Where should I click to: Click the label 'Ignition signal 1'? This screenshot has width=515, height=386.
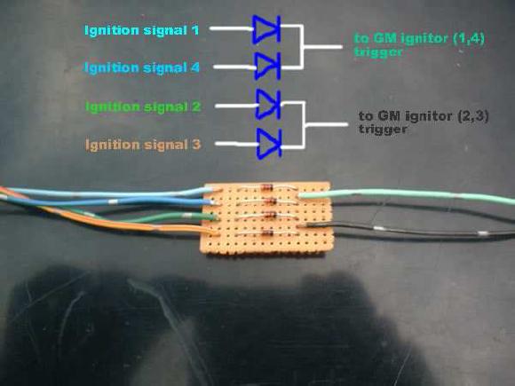point(141,31)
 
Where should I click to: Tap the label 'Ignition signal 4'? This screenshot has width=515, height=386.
point(142,68)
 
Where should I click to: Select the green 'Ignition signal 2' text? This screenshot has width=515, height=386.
point(143,106)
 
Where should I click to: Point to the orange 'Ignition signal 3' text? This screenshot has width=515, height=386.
point(143,145)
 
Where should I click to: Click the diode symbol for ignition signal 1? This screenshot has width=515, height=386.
point(266,29)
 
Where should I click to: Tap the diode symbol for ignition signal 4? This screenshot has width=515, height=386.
point(267,66)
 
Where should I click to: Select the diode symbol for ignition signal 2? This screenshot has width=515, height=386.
point(269,104)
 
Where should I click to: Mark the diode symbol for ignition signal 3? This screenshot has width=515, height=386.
point(269,144)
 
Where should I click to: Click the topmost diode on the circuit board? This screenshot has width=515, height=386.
point(266,188)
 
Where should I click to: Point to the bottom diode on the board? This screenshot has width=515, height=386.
point(266,233)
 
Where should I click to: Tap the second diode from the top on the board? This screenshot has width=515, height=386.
point(269,201)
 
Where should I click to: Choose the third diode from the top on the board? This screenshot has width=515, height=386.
point(270,215)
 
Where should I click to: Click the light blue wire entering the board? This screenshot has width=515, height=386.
point(108,193)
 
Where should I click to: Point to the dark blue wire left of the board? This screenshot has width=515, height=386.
point(108,201)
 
